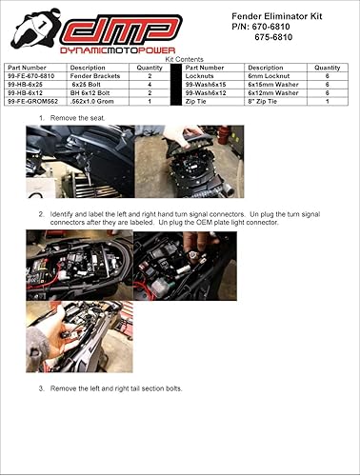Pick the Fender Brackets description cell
point(92,75)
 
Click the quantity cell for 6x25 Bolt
point(150,84)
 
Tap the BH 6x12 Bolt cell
point(92,92)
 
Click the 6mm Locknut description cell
point(268,75)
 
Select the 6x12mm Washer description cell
point(270,92)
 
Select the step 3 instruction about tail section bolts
point(114,388)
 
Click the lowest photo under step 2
point(79,337)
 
